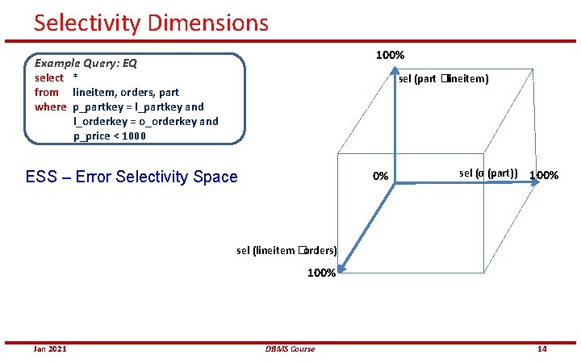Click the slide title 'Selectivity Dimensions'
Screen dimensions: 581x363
pos(151,22)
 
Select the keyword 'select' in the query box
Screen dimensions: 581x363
pos(49,77)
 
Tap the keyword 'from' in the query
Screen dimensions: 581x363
pos(47,92)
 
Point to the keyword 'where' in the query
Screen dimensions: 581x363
pos(50,106)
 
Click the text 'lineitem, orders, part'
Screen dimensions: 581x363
pos(126,92)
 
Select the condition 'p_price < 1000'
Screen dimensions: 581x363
pos(109,136)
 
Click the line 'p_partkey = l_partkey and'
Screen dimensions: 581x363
pos(138,106)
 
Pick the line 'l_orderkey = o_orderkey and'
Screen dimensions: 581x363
pos(145,121)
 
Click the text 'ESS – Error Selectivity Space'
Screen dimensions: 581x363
pos(132,177)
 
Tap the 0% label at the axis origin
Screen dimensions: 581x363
pos(380,177)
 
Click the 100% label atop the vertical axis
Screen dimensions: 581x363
pos(391,55)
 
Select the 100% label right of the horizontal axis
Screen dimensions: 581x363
pos(543,175)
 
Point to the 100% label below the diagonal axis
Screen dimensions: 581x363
pos(321,273)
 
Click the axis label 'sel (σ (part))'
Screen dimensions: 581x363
pos(488,173)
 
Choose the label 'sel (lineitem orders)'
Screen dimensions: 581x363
pos(286,250)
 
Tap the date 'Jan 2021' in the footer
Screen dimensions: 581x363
pos(50,348)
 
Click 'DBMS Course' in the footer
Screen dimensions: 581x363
pos(290,348)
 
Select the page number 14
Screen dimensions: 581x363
pos(542,348)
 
